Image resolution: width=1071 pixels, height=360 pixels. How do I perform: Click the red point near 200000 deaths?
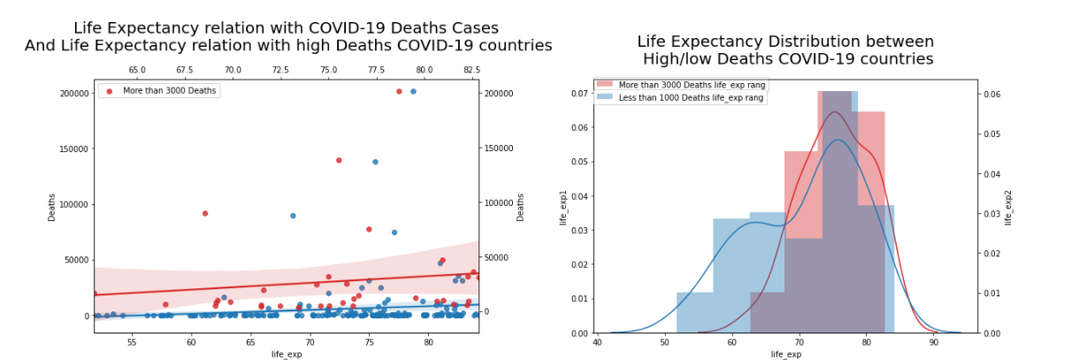(x=399, y=91)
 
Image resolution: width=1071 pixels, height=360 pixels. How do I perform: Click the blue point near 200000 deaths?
(x=413, y=91)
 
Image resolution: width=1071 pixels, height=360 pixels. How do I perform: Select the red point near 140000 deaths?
(x=339, y=160)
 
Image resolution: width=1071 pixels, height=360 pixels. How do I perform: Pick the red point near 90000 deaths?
(x=205, y=213)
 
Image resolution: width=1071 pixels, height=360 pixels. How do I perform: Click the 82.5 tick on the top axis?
(x=471, y=70)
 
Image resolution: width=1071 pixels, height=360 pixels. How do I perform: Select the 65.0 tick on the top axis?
(x=137, y=70)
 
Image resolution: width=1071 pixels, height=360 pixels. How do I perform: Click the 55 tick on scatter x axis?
(x=132, y=341)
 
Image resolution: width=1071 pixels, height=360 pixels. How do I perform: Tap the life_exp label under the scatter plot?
(x=287, y=354)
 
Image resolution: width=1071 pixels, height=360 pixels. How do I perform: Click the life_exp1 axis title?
(x=563, y=206)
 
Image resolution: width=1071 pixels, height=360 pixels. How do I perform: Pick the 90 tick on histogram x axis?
(x=935, y=341)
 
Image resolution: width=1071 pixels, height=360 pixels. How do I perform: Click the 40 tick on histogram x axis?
(x=598, y=341)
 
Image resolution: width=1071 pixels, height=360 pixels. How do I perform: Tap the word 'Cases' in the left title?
(x=473, y=28)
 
